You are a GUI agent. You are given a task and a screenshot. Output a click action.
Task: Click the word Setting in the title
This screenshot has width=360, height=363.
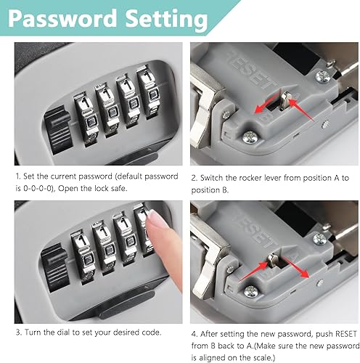(x=167, y=20)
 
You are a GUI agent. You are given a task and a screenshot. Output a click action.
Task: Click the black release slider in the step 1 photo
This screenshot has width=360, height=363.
(x=58, y=130)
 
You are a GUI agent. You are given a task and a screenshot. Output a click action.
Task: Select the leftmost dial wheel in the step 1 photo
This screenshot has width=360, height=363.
(x=86, y=119)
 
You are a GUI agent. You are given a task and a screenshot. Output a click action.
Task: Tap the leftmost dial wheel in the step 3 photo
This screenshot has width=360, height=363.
(x=83, y=256)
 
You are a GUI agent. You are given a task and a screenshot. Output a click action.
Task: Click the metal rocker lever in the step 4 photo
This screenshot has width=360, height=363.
(x=273, y=260)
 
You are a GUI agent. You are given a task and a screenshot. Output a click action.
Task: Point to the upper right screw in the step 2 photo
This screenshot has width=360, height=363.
(x=323, y=77)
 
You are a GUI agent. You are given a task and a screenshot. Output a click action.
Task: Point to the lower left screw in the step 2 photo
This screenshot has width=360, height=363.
(x=250, y=137)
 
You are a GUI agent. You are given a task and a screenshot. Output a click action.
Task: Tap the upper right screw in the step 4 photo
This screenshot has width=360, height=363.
(x=320, y=239)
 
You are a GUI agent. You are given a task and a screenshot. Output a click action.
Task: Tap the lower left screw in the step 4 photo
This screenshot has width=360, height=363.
(x=251, y=292)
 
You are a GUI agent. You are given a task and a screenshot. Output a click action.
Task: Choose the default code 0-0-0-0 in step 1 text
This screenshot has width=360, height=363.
(x=37, y=188)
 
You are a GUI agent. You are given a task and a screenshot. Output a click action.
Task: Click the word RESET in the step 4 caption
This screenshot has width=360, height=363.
(x=346, y=334)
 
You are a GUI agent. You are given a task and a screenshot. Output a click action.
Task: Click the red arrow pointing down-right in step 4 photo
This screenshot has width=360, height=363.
(x=295, y=268)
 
